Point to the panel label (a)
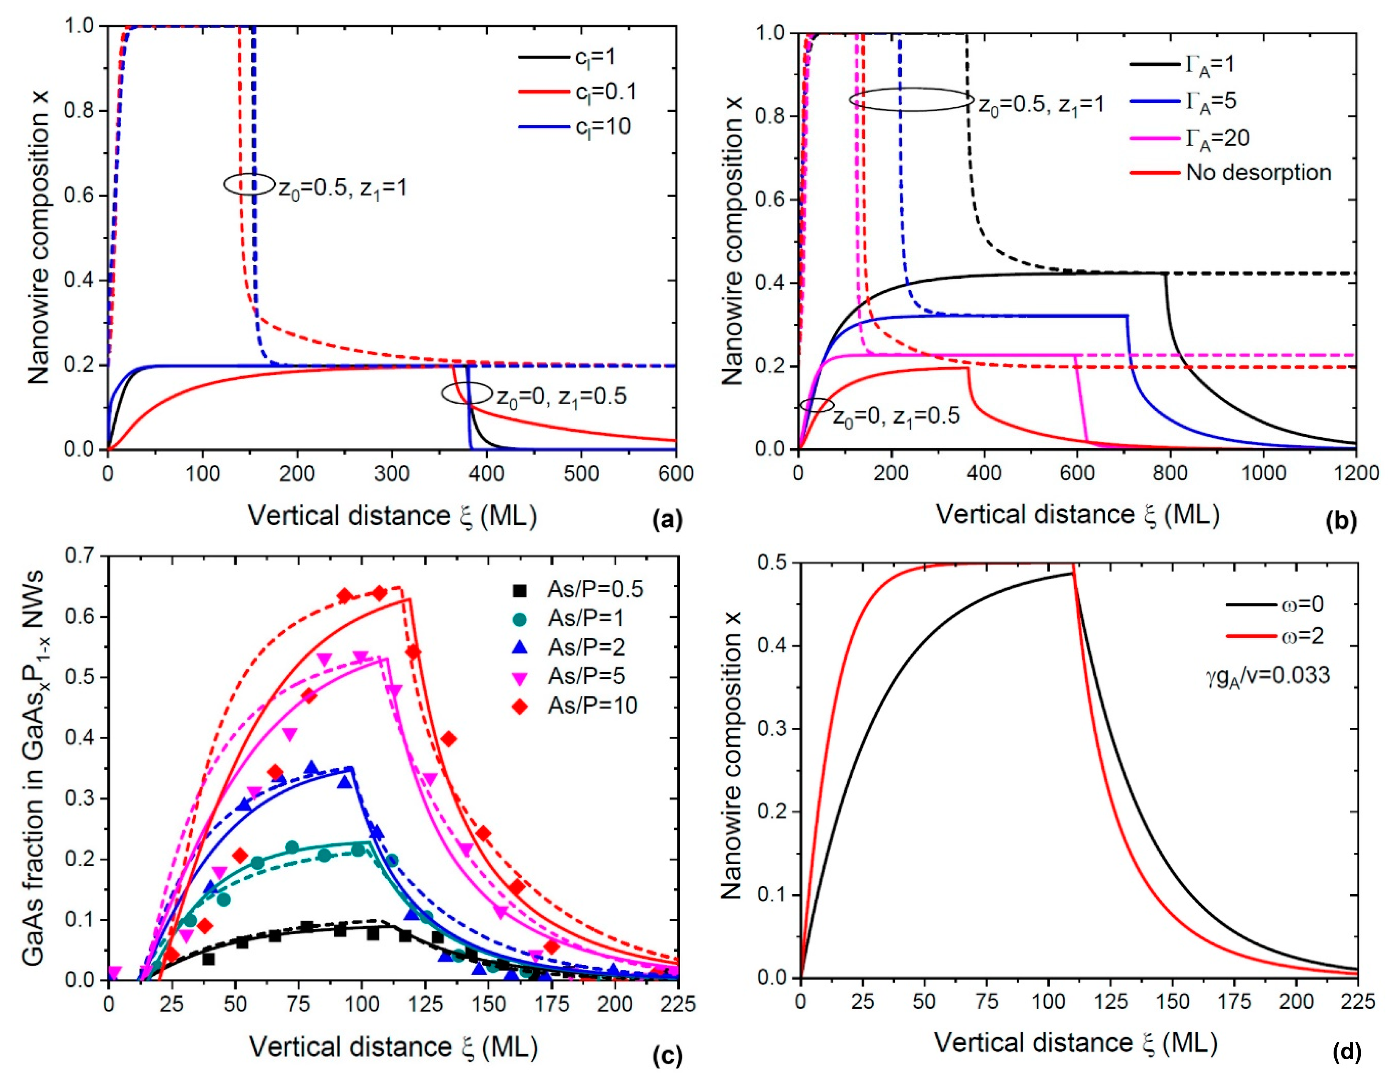[x=667, y=520]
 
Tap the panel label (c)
[x=667, y=1056]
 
